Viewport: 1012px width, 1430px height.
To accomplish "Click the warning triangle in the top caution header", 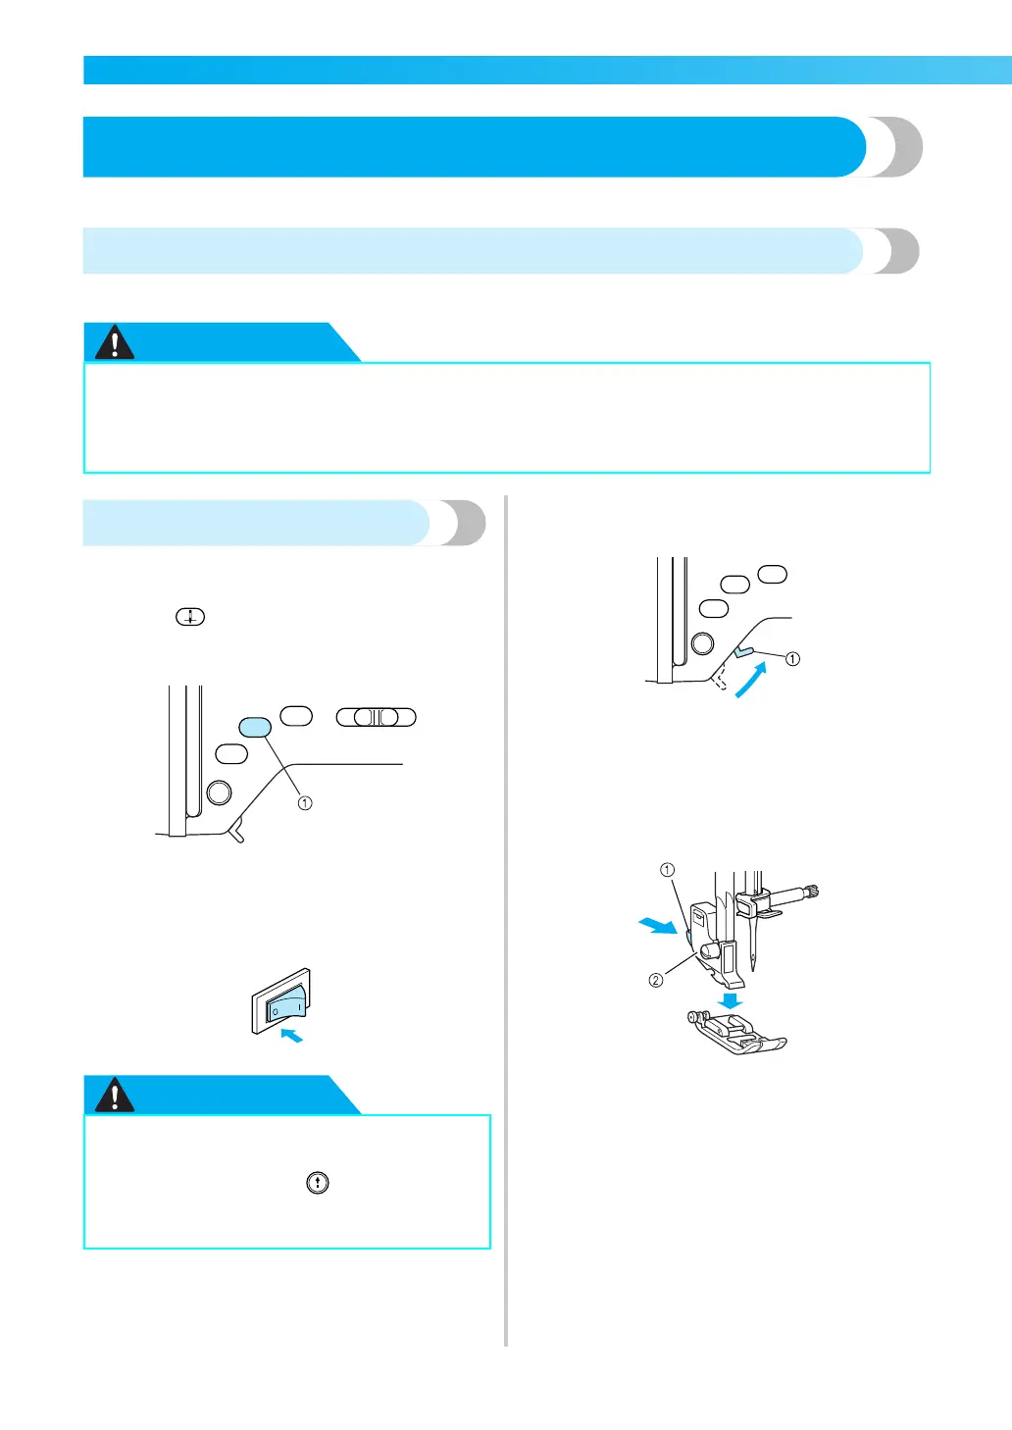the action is [x=115, y=343].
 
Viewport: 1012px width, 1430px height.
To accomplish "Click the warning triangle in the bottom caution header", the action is [x=115, y=1095].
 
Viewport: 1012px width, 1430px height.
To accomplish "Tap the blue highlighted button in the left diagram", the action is [x=255, y=727].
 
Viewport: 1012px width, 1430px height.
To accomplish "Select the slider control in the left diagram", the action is [x=377, y=717].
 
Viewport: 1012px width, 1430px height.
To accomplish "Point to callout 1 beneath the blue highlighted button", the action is [x=305, y=803].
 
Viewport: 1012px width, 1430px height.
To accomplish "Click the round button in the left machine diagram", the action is [x=220, y=792].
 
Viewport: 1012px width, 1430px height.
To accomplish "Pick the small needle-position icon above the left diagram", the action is [x=190, y=617].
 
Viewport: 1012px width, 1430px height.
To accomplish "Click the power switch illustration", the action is [x=281, y=1002].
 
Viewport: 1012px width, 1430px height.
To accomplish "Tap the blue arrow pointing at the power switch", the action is [x=291, y=1035].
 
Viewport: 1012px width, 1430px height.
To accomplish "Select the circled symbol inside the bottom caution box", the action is [x=318, y=1183].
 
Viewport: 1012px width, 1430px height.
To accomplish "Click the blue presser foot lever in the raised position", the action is [x=743, y=650].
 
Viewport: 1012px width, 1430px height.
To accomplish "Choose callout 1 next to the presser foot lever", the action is [x=792, y=659].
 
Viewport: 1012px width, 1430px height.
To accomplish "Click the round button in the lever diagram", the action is [x=702, y=643].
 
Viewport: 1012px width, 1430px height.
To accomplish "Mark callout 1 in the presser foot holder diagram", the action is [x=667, y=870].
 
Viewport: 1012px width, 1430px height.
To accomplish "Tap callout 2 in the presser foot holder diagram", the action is [x=656, y=980].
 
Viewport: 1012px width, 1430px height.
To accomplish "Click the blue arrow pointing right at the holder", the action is [x=657, y=925].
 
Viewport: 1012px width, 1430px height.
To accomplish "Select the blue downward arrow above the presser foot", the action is [x=730, y=1001].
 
